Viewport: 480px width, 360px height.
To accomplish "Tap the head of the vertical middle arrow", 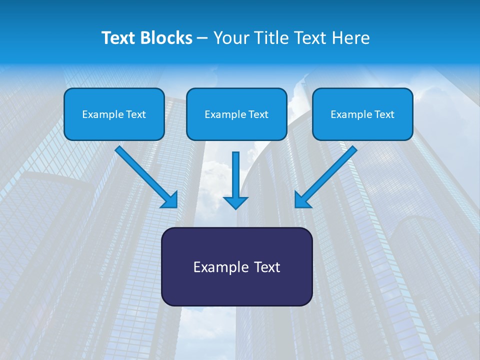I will click(235, 202).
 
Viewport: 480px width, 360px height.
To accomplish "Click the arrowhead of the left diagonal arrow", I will click(170, 200).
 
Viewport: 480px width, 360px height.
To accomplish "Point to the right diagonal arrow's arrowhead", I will click(302, 200).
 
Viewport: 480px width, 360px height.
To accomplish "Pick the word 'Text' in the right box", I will click(384, 114).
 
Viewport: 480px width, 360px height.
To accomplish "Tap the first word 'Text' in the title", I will click(119, 38).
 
